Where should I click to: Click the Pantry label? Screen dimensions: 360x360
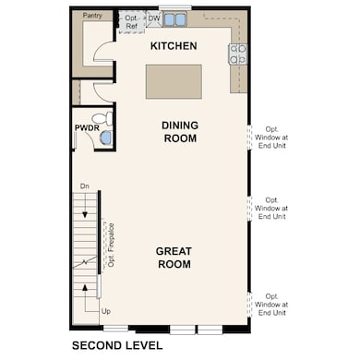tap(92, 16)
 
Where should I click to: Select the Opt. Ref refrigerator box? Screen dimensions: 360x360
tap(131, 21)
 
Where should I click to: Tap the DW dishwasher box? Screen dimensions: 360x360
tap(153, 18)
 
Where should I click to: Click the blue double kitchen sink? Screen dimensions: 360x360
tap(175, 18)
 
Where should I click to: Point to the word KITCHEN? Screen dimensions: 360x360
tap(173, 45)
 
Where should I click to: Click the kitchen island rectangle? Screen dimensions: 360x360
tap(173, 80)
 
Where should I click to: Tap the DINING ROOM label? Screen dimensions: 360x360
tap(180, 131)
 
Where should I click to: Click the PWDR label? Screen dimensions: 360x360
tap(86, 128)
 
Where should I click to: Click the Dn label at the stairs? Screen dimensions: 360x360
tap(84, 186)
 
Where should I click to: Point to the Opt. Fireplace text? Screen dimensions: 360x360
tap(111, 246)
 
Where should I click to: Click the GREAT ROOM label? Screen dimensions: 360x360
tap(173, 257)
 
